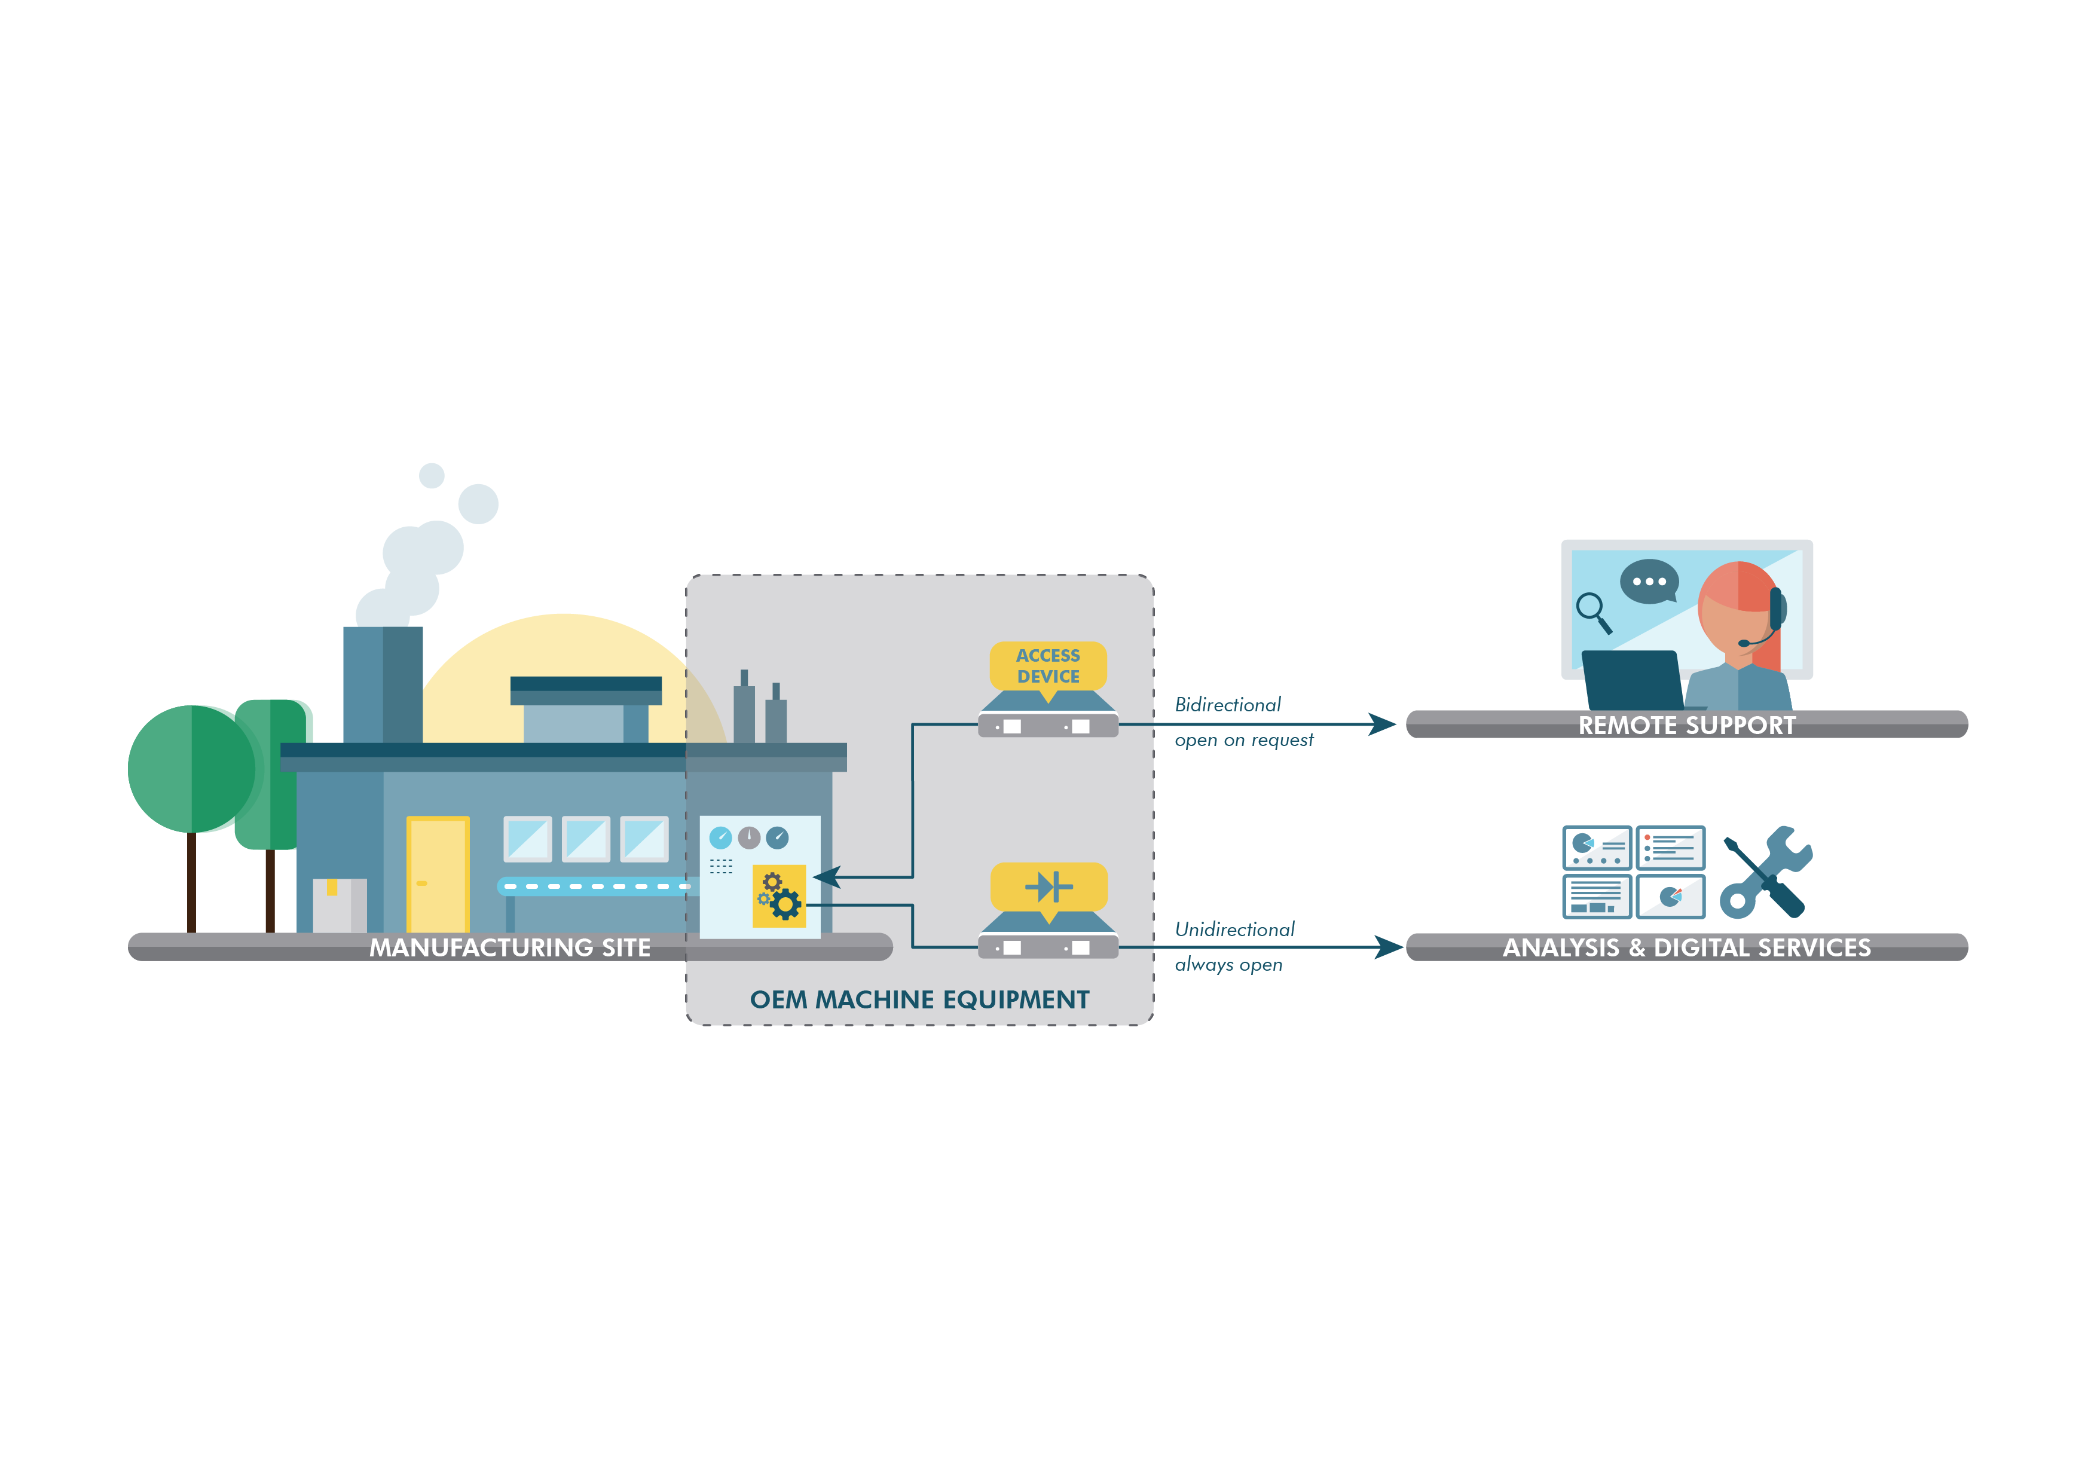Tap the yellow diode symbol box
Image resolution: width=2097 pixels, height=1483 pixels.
1048,886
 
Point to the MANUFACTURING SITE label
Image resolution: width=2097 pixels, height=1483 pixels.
510,948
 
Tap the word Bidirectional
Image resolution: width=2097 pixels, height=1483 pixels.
1227,705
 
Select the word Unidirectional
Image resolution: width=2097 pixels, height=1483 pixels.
1235,929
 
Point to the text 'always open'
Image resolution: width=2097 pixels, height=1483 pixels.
1228,965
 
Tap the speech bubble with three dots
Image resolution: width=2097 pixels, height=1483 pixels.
1649,582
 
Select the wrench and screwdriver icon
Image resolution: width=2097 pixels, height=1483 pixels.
1765,872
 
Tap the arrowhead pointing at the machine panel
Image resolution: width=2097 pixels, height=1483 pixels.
827,877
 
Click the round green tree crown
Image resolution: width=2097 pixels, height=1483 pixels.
192,768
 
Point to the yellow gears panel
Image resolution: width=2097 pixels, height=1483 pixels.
779,896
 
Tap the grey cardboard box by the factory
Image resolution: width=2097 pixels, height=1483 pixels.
340,906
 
